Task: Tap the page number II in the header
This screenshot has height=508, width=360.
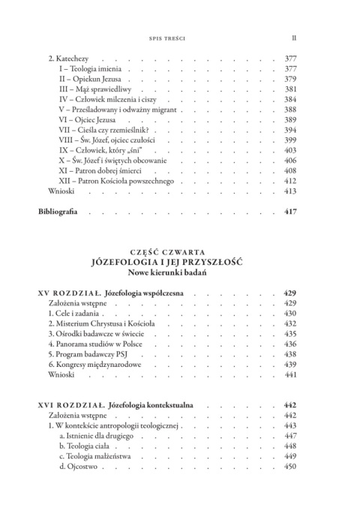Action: pyautogui.click(x=294, y=35)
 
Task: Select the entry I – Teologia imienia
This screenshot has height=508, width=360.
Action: pyautogui.click(x=88, y=68)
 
